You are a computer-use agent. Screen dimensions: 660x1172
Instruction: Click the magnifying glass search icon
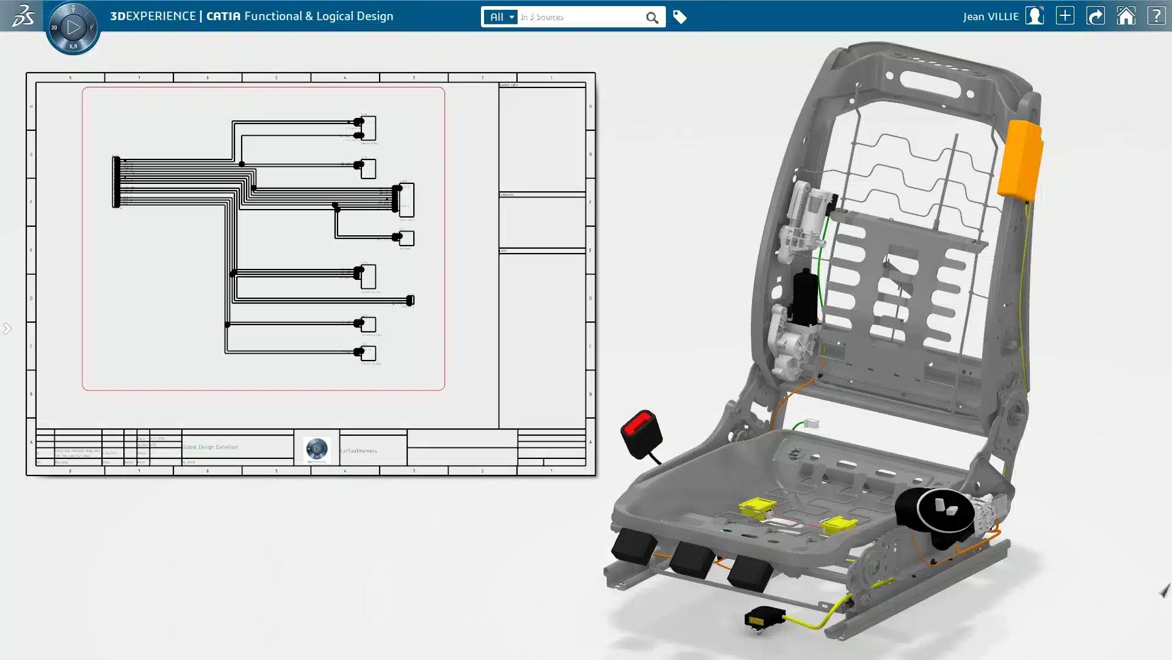click(652, 18)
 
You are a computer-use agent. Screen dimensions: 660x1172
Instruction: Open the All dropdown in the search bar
click(501, 17)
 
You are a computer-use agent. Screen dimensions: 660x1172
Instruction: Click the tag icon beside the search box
click(679, 17)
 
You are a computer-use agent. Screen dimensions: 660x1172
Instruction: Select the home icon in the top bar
click(1126, 16)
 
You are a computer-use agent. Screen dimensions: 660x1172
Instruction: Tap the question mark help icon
click(1156, 16)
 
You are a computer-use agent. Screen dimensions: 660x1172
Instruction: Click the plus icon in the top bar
click(1065, 16)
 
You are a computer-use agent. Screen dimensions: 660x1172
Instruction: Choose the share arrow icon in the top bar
click(1095, 16)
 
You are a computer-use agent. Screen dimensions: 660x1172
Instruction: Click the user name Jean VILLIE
click(990, 16)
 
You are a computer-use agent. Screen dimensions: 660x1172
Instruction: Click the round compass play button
click(73, 28)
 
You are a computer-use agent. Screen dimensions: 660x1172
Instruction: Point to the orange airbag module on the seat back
click(1020, 159)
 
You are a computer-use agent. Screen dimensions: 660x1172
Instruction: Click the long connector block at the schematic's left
click(116, 182)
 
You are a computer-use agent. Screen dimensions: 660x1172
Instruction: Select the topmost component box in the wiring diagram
click(368, 128)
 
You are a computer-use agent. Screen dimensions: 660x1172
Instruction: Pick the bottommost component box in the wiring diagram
click(368, 353)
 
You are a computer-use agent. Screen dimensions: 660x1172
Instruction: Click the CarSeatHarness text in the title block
click(358, 451)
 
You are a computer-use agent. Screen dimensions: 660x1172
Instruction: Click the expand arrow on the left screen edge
click(7, 329)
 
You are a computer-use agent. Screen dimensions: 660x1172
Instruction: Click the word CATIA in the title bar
click(223, 16)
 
